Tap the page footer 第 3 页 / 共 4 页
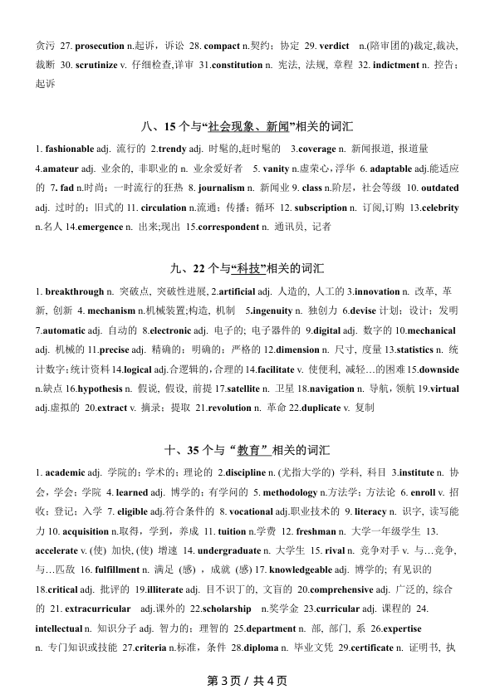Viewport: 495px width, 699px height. click(247, 681)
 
